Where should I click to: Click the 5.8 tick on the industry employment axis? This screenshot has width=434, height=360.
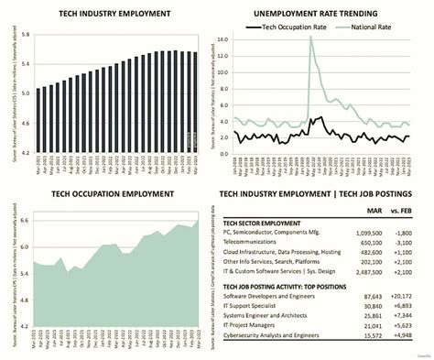26,36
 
